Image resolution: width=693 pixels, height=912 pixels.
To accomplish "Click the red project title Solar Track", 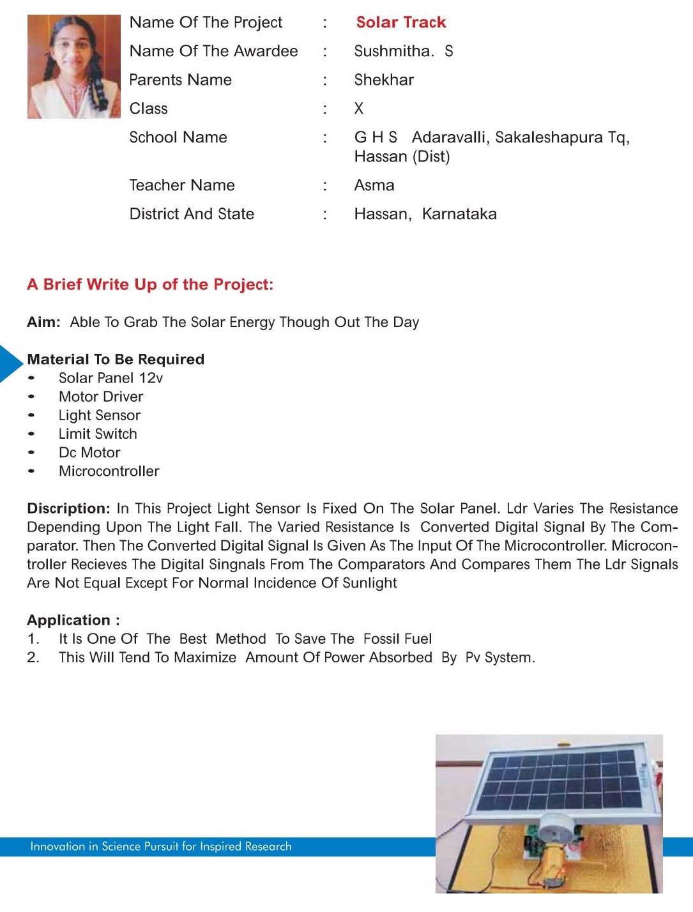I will [x=400, y=22].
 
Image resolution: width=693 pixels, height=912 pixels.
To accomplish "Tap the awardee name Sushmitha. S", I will [x=403, y=51].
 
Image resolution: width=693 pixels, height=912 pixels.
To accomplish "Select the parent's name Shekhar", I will [x=384, y=80].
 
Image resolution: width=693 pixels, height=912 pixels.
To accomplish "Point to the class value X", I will [x=359, y=109].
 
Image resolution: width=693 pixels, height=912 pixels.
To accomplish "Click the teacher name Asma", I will [x=374, y=185].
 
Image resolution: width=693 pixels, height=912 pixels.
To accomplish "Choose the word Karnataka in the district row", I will [x=459, y=214].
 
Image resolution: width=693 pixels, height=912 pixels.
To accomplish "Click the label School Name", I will [x=178, y=137].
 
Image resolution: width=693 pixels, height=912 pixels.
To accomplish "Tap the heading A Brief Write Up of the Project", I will [x=150, y=284].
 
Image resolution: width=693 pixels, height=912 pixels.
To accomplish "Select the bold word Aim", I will [x=43, y=322].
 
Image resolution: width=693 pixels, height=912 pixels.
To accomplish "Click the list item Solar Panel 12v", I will [x=110, y=378].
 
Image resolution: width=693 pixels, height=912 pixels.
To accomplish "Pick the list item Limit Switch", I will [x=98, y=434].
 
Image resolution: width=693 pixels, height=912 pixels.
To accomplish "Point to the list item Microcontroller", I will [x=109, y=471].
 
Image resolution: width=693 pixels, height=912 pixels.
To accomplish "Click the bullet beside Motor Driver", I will [x=31, y=397].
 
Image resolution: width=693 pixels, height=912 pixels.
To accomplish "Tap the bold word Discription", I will [x=68, y=508].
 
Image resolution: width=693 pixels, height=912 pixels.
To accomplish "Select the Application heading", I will [x=73, y=620].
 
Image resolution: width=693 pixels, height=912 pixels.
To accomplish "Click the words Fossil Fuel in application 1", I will [x=397, y=639].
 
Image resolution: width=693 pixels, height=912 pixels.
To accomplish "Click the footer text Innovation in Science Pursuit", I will [x=160, y=846].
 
